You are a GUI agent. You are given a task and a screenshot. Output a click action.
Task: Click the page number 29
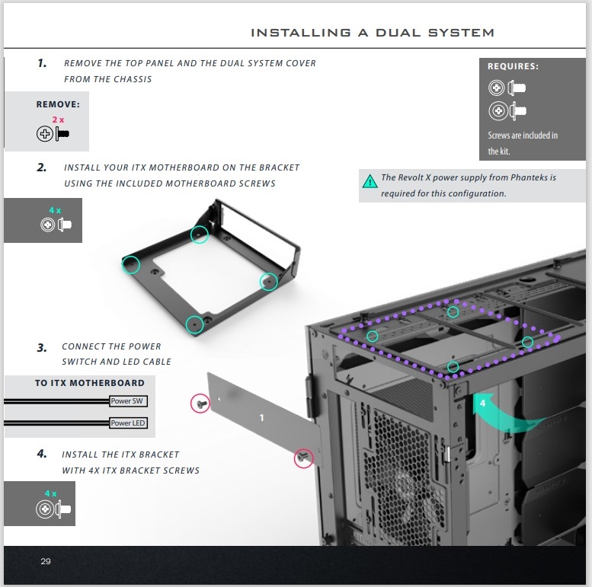pyautogui.click(x=45, y=561)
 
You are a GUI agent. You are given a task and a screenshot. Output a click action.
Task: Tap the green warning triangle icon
pyautogui.click(x=370, y=181)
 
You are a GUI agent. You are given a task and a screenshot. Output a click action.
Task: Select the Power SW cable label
pyautogui.click(x=127, y=401)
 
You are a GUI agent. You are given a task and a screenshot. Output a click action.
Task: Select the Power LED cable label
pyautogui.click(x=127, y=423)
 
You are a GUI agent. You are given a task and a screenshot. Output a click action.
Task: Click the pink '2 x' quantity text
pyautogui.click(x=58, y=120)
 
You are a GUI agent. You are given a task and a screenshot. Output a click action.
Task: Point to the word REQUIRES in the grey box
pyautogui.click(x=512, y=66)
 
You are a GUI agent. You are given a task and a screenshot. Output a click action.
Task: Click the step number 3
pyautogui.click(x=42, y=347)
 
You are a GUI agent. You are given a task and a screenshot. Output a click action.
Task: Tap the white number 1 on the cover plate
pyautogui.click(x=261, y=418)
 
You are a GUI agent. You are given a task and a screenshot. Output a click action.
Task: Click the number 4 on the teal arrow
pyautogui.click(x=482, y=404)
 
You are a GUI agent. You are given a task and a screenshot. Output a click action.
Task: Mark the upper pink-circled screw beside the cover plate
pyautogui.click(x=200, y=404)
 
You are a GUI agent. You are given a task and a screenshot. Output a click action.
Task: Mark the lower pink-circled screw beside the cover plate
pyautogui.click(x=303, y=458)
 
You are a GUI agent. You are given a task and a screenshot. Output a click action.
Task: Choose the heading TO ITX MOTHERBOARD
pyautogui.click(x=89, y=383)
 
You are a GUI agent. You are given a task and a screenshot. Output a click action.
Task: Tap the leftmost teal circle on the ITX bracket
pyautogui.click(x=130, y=264)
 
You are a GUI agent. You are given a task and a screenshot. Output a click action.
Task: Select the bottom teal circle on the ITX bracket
pyautogui.click(x=194, y=324)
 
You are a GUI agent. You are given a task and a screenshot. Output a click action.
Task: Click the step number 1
pyautogui.click(x=42, y=63)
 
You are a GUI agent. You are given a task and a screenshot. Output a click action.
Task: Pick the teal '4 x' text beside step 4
pyautogui.click(x=50, y=493)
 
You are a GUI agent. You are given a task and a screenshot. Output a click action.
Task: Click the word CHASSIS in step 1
pyautogui.click(x=135, y=79)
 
